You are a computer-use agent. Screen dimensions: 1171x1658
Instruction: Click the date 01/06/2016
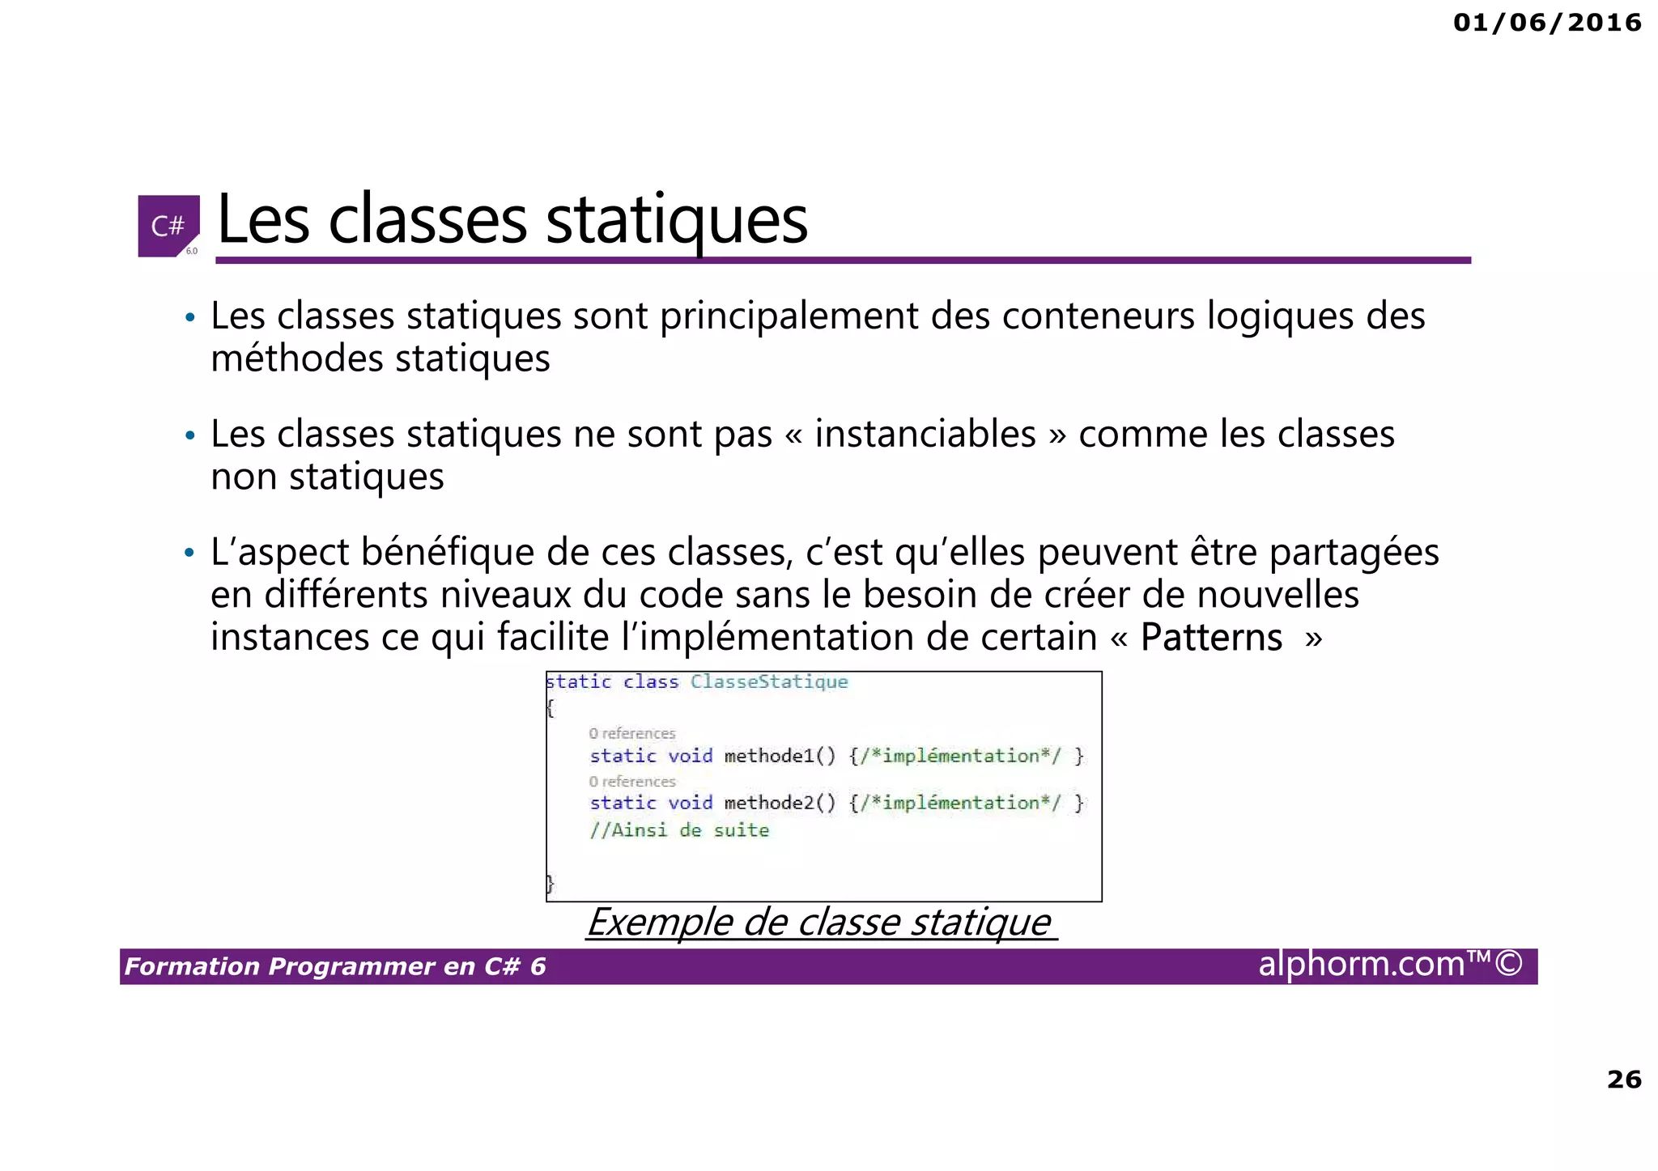[1547, 23]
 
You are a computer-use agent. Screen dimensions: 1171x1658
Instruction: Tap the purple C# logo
[168, 226]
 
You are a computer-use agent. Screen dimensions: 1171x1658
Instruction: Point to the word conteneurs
[1098, 316]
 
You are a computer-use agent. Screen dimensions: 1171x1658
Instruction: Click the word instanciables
[925, 435]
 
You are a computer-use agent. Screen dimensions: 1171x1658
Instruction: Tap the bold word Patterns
[1211, 638]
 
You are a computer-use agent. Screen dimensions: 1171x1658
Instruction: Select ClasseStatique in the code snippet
[768, 682]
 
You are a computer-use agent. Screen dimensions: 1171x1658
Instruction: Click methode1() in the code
[779, 756]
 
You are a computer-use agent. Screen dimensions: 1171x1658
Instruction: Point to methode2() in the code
[779, 803]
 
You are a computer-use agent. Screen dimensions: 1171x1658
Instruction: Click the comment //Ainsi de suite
[679, 830]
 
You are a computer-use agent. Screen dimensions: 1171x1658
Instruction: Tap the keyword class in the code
[651, 682]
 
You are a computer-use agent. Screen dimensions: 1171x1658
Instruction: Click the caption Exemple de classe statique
[818, 923]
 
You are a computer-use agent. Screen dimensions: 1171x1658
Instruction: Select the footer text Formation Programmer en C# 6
[335, 966]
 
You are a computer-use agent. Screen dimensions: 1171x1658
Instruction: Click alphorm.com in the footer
[1362, 964]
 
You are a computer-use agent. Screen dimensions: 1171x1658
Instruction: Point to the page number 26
[1624, 1080]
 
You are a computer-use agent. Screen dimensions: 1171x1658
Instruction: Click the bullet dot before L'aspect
[189, 554]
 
